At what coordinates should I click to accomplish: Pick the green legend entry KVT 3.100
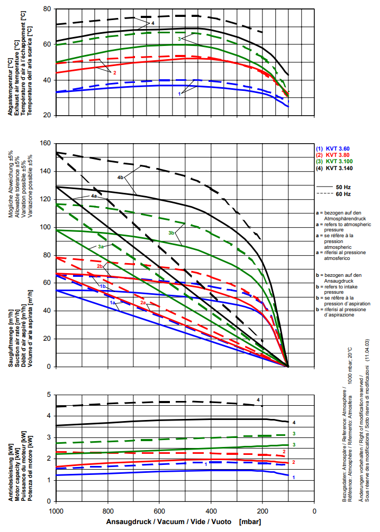[x=340, y=161]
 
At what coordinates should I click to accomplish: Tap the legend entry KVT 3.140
[x=340, y=168]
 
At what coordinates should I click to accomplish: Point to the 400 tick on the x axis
[x=211, y=511]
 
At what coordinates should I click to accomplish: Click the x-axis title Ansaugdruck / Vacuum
[x=169, y=522]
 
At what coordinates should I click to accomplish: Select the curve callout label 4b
[x=121, y=177]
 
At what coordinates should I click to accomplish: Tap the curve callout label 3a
[x=101, y=247]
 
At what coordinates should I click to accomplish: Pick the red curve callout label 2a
[x=143, y=303]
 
